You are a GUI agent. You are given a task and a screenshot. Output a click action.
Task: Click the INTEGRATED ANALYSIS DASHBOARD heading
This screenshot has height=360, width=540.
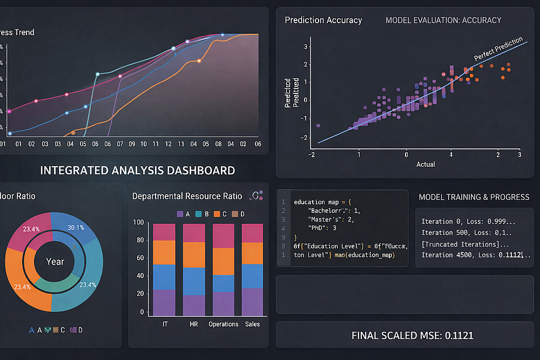(137, 171)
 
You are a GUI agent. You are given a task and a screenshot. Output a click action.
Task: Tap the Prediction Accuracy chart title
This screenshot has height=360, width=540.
(323, 21)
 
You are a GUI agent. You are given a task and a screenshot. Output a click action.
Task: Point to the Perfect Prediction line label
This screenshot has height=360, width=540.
(498, 49)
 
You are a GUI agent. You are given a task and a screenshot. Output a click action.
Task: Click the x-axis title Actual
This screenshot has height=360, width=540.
(426, 164)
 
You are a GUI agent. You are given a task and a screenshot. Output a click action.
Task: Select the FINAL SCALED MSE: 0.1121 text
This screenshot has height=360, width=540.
(412, 335)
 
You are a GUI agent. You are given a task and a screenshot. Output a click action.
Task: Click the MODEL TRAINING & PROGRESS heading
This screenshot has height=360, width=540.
(474, 197)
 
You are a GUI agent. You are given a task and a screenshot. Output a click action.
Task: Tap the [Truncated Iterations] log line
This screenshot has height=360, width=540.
(462, 244)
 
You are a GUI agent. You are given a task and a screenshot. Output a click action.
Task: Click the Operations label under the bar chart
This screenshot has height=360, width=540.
(223, 324)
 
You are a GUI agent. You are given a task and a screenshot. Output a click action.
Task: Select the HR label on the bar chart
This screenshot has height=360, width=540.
(193, 324)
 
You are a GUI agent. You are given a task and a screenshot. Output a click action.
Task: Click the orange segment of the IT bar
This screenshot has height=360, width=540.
(164, 252)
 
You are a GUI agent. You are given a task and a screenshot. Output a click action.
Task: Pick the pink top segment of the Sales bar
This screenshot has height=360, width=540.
(252, 233)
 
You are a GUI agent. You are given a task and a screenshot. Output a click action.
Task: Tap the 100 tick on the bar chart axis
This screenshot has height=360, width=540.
(138, 223)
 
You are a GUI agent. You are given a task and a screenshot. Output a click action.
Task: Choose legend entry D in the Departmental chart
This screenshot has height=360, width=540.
(238, 214)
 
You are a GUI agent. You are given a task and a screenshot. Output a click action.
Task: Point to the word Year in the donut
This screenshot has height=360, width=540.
(55, 262)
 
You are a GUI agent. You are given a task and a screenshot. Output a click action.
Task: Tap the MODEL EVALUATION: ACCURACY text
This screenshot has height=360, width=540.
(443, 21)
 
